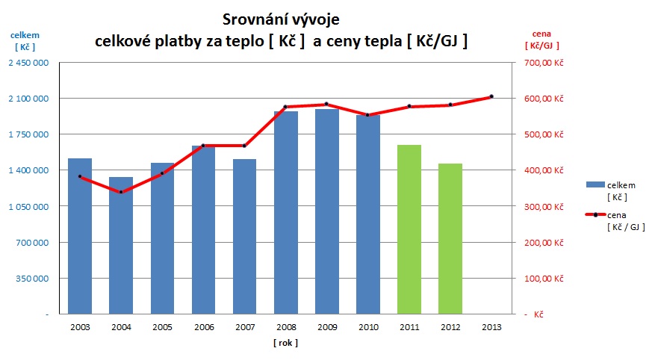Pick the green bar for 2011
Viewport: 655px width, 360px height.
(409, 229)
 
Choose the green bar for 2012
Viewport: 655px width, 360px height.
(450, 238)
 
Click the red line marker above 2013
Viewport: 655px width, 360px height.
(491, 96)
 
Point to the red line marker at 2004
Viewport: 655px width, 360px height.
(121, 192)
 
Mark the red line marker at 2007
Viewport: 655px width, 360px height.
(244, 146)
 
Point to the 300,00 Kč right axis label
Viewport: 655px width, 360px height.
(543, 207)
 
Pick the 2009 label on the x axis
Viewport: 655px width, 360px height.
(327, 326)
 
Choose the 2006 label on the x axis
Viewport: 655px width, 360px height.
(203, 326)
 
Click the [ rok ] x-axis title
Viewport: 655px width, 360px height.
(285, 343)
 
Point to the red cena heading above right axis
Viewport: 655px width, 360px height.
(541, 34)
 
